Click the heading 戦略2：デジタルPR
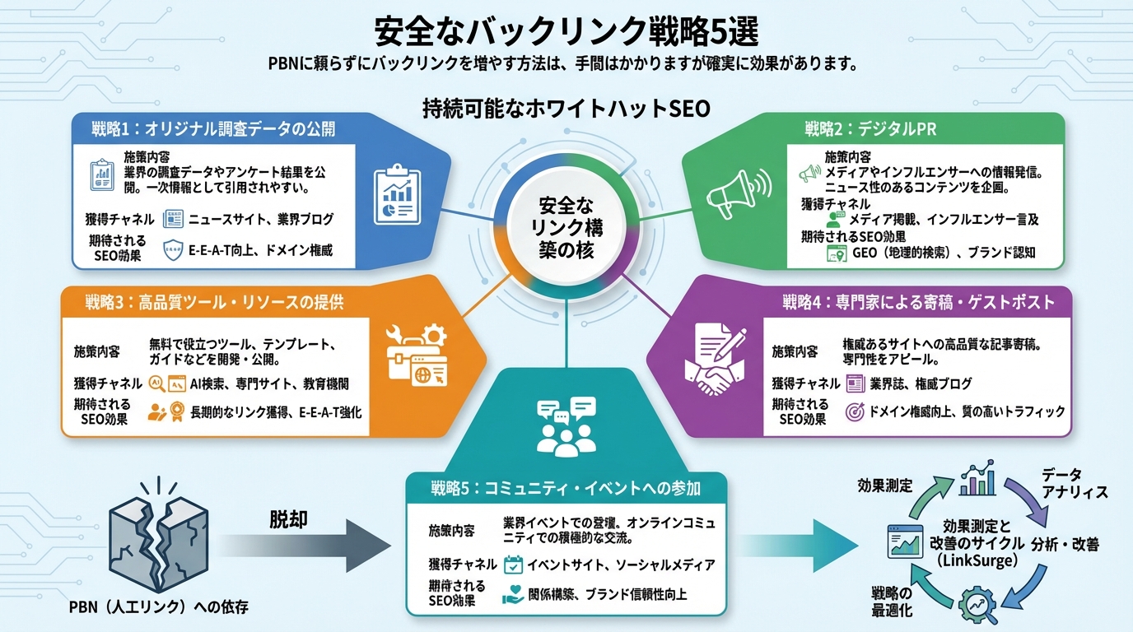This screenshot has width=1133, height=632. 870,129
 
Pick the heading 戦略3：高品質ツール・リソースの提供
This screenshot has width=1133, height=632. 214,303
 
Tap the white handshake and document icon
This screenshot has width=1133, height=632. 715,361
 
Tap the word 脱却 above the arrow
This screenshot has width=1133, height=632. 293,520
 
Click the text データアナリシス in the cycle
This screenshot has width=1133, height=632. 1074,483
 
